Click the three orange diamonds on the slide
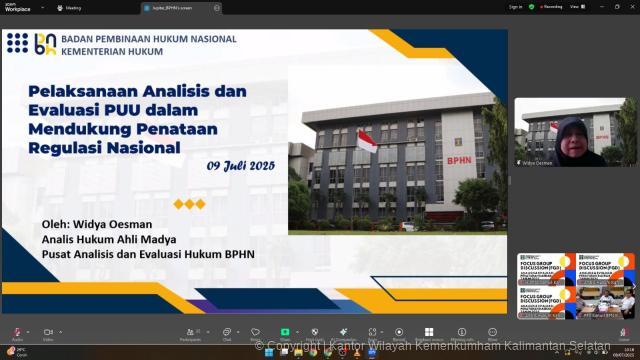coord(189,204)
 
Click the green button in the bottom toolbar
coord(285,331)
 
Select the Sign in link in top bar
coord(515,6)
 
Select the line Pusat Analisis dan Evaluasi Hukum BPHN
coord(148,254)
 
